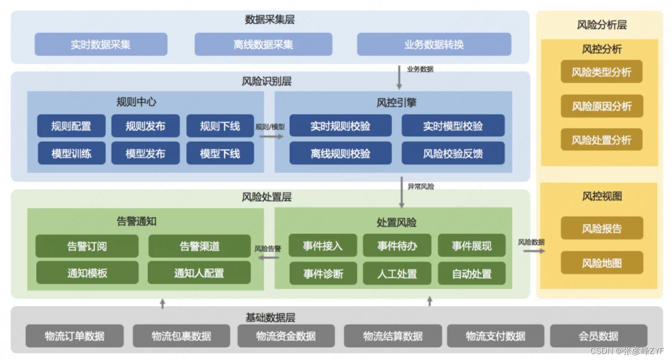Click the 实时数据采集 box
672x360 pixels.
101,44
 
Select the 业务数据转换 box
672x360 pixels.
434,44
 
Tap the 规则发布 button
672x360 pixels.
145,126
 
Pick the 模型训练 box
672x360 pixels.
71,153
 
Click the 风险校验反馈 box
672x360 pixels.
453,153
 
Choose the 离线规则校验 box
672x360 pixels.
341,153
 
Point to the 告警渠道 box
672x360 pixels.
199,246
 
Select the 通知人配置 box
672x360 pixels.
199,273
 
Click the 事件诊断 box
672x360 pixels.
323,273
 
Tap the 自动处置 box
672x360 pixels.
472,273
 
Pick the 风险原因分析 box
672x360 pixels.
602,106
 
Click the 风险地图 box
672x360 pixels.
602,263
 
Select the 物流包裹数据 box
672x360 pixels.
181,336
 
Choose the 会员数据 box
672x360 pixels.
598,336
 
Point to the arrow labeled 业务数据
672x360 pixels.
400,77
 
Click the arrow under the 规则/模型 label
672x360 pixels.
271,137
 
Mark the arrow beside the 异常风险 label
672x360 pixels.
402,192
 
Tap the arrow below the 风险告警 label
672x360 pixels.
269,257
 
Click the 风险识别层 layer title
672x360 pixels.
267,81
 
